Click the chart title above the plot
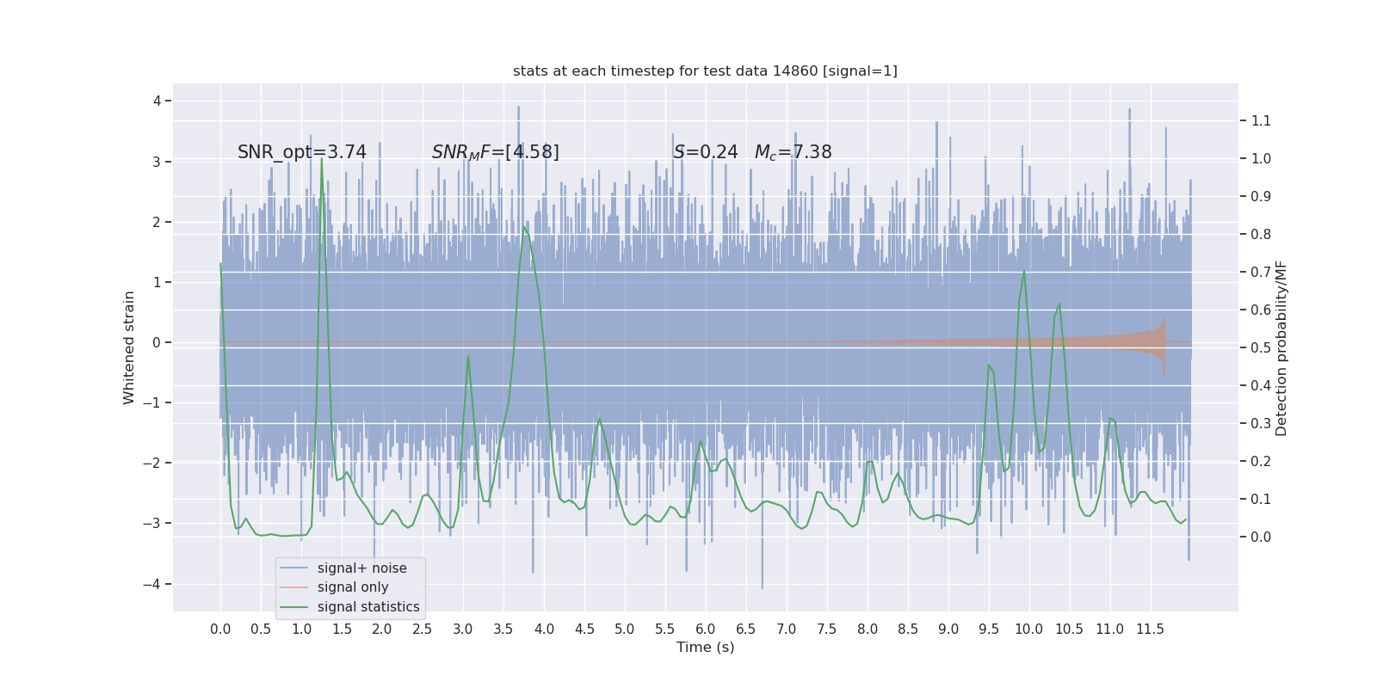[x=705, y=71]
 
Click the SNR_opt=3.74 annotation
[x=302, y=152]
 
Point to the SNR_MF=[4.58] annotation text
[x=496, y=152]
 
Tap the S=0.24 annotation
[x=706, y=152]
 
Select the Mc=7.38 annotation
[x=793, y=152]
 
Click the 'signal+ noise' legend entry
[x=361, y=568]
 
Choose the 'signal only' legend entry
[x=353, y=587]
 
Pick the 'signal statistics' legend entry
[x=368, y=607]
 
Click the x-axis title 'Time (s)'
[x=705, y=648]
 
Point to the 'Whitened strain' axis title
[x=129, y=347]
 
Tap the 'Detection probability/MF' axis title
[x=1281, y=348]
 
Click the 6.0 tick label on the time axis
[x=706, y=630]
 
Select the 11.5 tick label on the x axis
[x=1150, y=630]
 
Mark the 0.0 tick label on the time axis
[x=220, y=630]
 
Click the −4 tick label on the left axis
[x=155, y=585]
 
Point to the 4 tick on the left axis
[x=157, y=101]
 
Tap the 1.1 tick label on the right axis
[x=1261, y=121]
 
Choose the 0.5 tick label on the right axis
[x=1261, y=348]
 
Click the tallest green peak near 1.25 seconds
[x=322, y=159]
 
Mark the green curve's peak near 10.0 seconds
[x=1024, y=272]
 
